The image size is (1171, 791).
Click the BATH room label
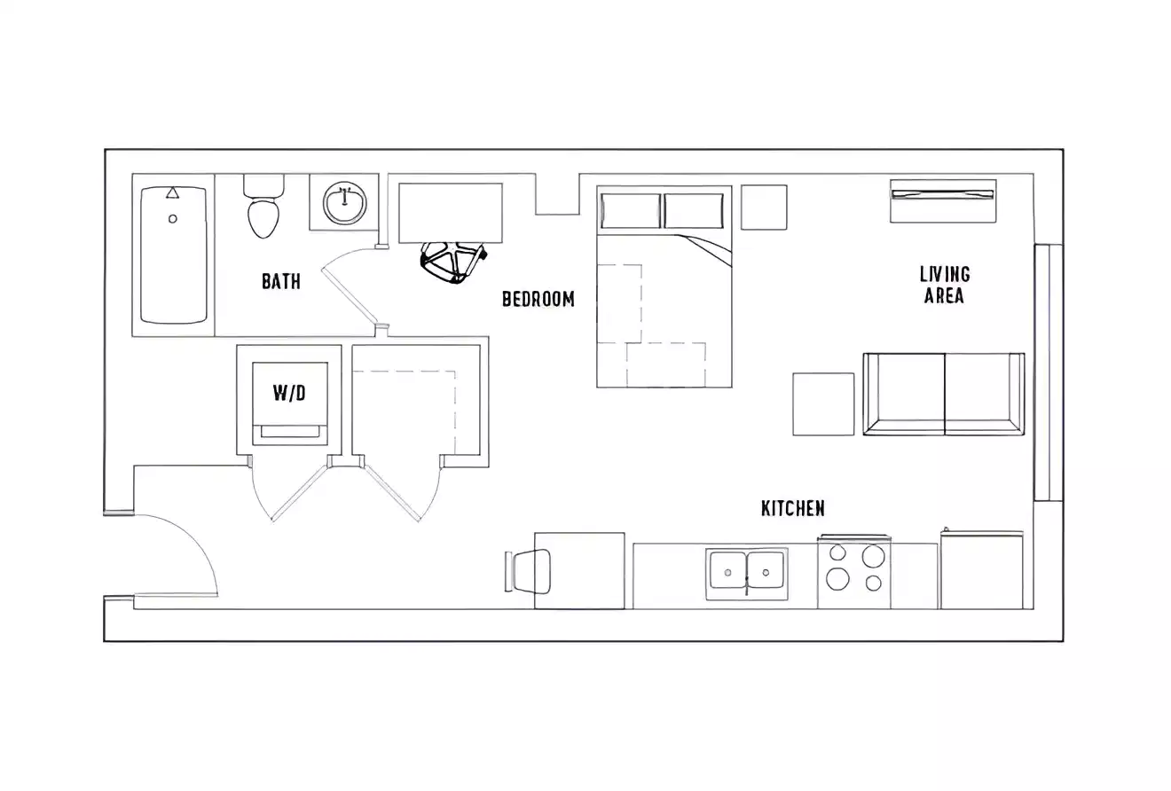[280, 281]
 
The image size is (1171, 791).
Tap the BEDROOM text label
[538, 299]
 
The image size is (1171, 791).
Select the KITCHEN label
[792, 508]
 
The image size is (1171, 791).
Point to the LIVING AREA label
[944, 285]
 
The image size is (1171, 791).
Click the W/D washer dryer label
[289, 392]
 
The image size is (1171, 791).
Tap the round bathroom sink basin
[344, 204]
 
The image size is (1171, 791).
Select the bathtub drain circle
[173, 218]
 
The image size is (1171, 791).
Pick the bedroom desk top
[451, 213]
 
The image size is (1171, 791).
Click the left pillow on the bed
[631, 211]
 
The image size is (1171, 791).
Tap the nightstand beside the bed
[764, 208]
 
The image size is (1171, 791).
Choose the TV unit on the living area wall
[943, 200]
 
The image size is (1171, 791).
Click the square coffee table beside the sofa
[823, 403]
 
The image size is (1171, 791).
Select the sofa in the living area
[944, 394]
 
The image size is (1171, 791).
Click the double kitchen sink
[747, 571]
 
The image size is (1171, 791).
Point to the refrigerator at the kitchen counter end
[982, 570]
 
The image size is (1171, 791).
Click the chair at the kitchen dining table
[530, 571]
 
